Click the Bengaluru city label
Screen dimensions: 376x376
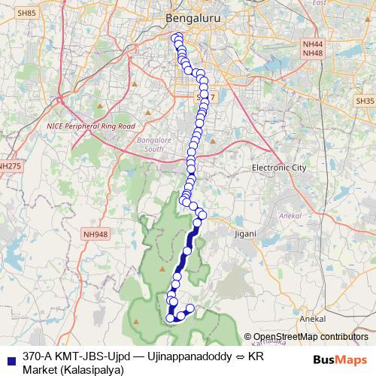pyautogui.click(x=188, y=16)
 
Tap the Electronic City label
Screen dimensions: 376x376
pyautogui.click(x=280, y=167)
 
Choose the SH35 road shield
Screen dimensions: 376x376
pyautogui.click(x=365, y=100)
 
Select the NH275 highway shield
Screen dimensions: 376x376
pyautogui.click(x=10, y=165)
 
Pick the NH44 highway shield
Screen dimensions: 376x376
pyautogui.click(x=312, y=44)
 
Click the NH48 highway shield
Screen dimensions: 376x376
pyautogui.click(x=312, y=53)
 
